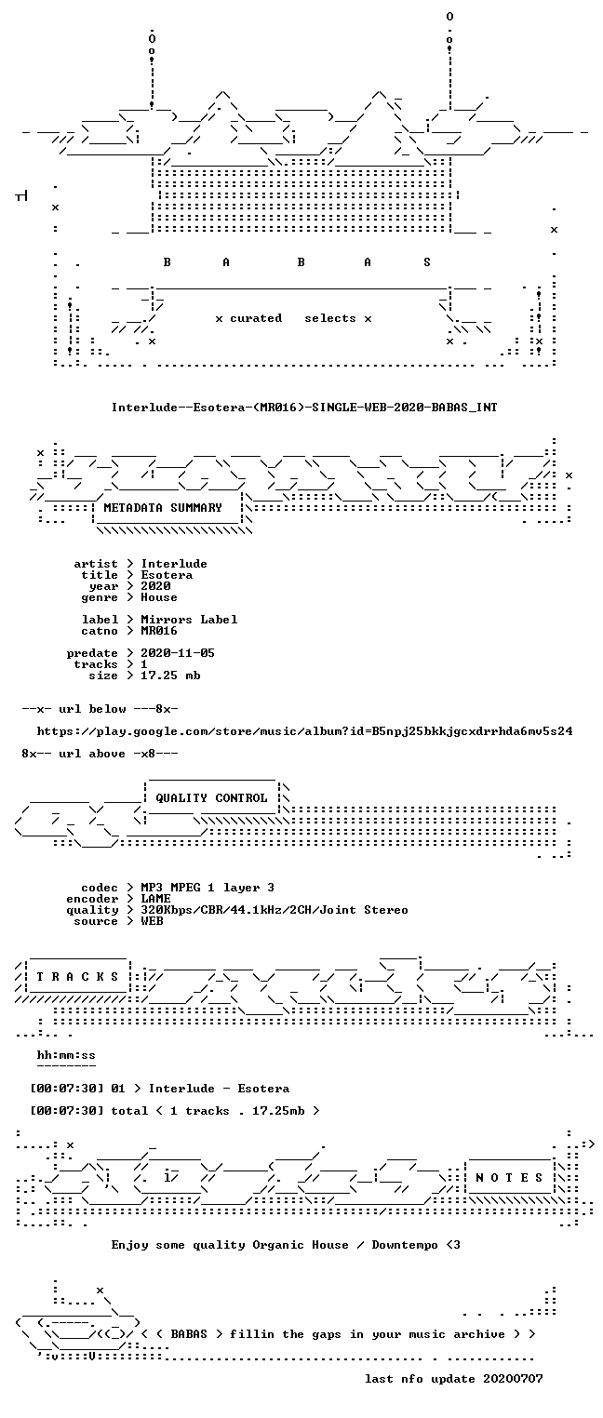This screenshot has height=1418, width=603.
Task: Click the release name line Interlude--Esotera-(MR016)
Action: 304,408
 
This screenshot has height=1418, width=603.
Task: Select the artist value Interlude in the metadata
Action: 174,564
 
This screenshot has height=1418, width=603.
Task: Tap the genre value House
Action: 159,597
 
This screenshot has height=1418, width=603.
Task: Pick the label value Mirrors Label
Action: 189,620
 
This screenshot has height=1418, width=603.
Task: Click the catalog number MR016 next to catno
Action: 159,631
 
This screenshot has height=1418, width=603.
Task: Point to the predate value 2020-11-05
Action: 178,653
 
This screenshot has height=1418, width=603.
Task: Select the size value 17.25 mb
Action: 170,676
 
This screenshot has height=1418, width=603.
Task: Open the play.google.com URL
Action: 304,731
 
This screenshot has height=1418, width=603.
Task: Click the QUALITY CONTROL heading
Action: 211,798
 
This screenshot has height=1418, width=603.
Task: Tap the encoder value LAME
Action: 155,899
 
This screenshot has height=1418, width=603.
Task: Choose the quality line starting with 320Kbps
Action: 275,910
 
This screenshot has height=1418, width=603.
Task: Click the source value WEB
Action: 152,922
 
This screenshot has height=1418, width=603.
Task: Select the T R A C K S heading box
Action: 77,977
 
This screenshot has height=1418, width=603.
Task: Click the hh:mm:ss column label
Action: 66,1056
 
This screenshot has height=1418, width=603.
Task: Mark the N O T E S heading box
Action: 509,1178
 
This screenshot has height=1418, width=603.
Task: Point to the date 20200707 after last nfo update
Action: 513,1379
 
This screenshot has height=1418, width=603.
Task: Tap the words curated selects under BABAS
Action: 293,318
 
